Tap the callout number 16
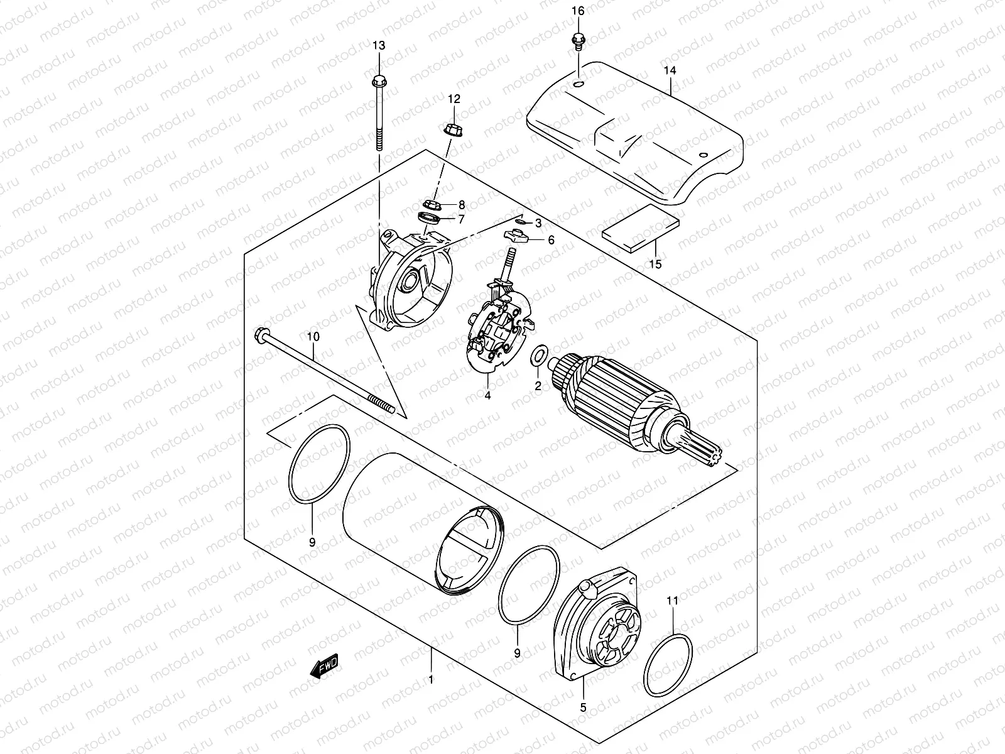click(578, 11)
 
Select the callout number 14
click(670, 71)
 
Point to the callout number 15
click(655, 264)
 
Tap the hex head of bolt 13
click(378, 81)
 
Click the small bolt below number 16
click(577, 42)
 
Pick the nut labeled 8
click(432, 204)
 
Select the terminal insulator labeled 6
click(515, 237)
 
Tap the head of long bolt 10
click(259, 334)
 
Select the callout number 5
click(583, 708)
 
